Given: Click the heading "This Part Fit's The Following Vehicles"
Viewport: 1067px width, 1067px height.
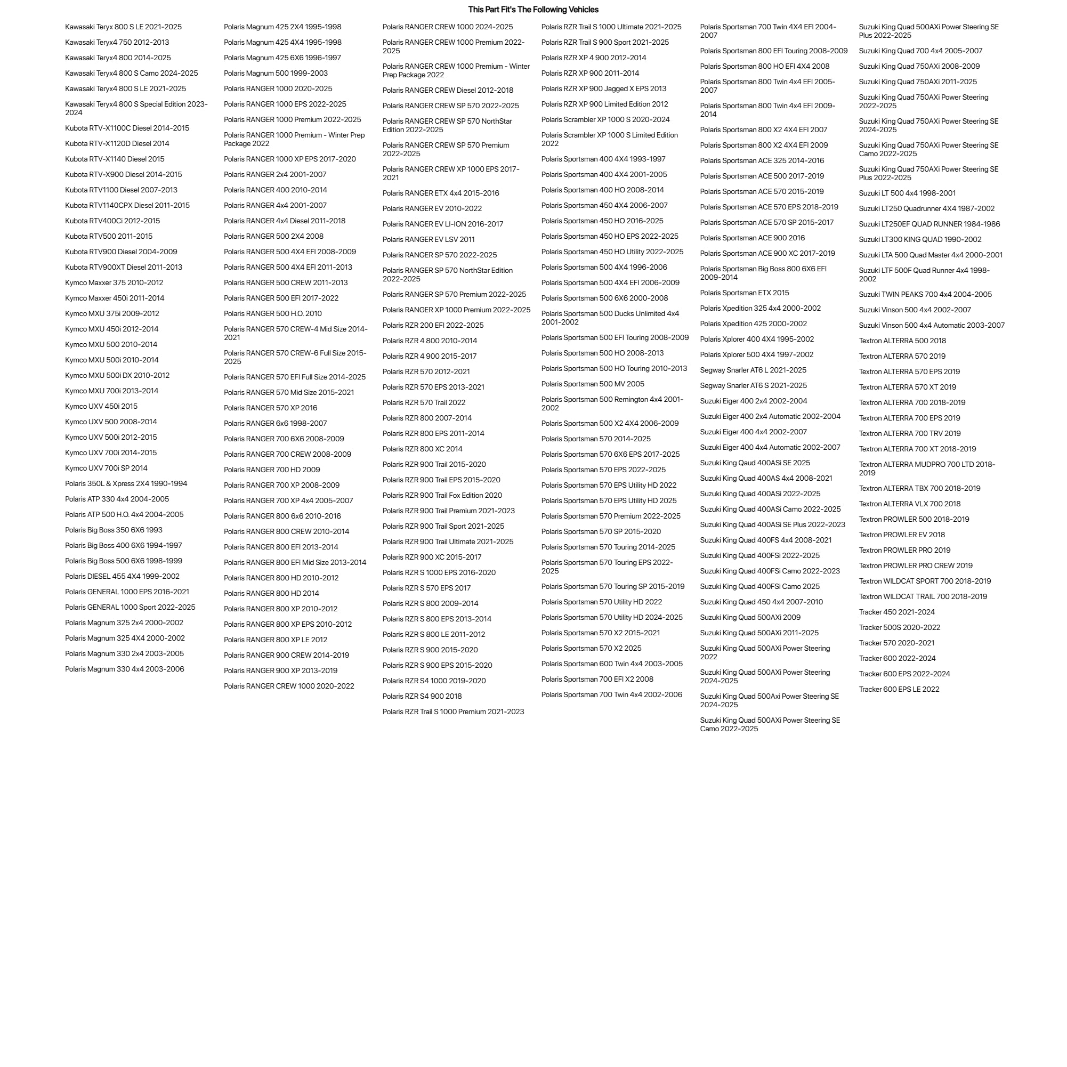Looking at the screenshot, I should point(533,10).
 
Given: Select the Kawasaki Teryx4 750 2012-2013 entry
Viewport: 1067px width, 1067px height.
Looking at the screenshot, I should point(117,43).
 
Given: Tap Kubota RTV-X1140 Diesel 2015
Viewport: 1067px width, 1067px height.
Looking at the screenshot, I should point(114,159).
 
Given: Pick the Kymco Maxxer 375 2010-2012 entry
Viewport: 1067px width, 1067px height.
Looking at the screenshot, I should point(114,283).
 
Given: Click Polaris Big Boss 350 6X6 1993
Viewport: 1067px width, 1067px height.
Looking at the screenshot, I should point(114,530).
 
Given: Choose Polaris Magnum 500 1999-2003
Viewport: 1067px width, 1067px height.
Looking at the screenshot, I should point(276,74).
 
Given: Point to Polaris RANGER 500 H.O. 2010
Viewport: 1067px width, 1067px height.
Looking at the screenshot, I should point(272,314).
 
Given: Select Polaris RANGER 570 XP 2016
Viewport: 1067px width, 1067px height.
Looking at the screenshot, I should point(270,408).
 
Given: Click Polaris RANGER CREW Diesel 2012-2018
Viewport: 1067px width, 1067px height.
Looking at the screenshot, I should point(447,91).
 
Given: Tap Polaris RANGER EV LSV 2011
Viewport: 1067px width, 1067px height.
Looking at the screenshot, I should point(428,240).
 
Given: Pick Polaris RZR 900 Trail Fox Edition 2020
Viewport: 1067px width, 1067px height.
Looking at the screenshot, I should point(442,496).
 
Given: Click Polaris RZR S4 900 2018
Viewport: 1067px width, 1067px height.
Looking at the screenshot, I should point(422,697).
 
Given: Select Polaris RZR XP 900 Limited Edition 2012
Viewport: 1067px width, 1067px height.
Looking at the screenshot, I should point(604,104).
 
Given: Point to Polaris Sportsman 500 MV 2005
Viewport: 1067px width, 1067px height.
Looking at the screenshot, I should point(593,384).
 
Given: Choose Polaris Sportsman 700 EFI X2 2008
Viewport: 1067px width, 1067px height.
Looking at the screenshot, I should point(597,680).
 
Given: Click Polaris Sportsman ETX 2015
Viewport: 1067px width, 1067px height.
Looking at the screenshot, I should point(744,293).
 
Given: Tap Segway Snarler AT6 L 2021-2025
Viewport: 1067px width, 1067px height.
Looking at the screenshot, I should point(753,370).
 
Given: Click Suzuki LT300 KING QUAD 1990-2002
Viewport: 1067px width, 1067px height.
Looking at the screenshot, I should point(919,240).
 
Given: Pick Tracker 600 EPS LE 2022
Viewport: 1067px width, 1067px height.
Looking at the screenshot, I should point(899,689).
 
